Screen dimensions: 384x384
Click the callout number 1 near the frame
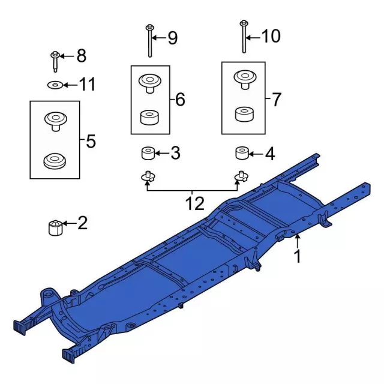point(296,257)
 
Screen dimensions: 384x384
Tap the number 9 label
point(172,38)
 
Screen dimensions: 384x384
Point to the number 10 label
point(271,37)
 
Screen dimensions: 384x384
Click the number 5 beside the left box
point(91,142)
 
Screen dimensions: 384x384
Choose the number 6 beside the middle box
point(180,100)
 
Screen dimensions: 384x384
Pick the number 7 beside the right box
point(275,99)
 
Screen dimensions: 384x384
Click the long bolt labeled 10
point(244,37)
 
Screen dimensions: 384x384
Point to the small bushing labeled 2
point(55,227)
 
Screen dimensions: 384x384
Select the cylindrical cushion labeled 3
point(148,154)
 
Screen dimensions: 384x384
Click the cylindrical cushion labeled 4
point(242,154)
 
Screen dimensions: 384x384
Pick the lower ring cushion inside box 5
point(55,161)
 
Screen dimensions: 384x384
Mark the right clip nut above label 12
point(241,176)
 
